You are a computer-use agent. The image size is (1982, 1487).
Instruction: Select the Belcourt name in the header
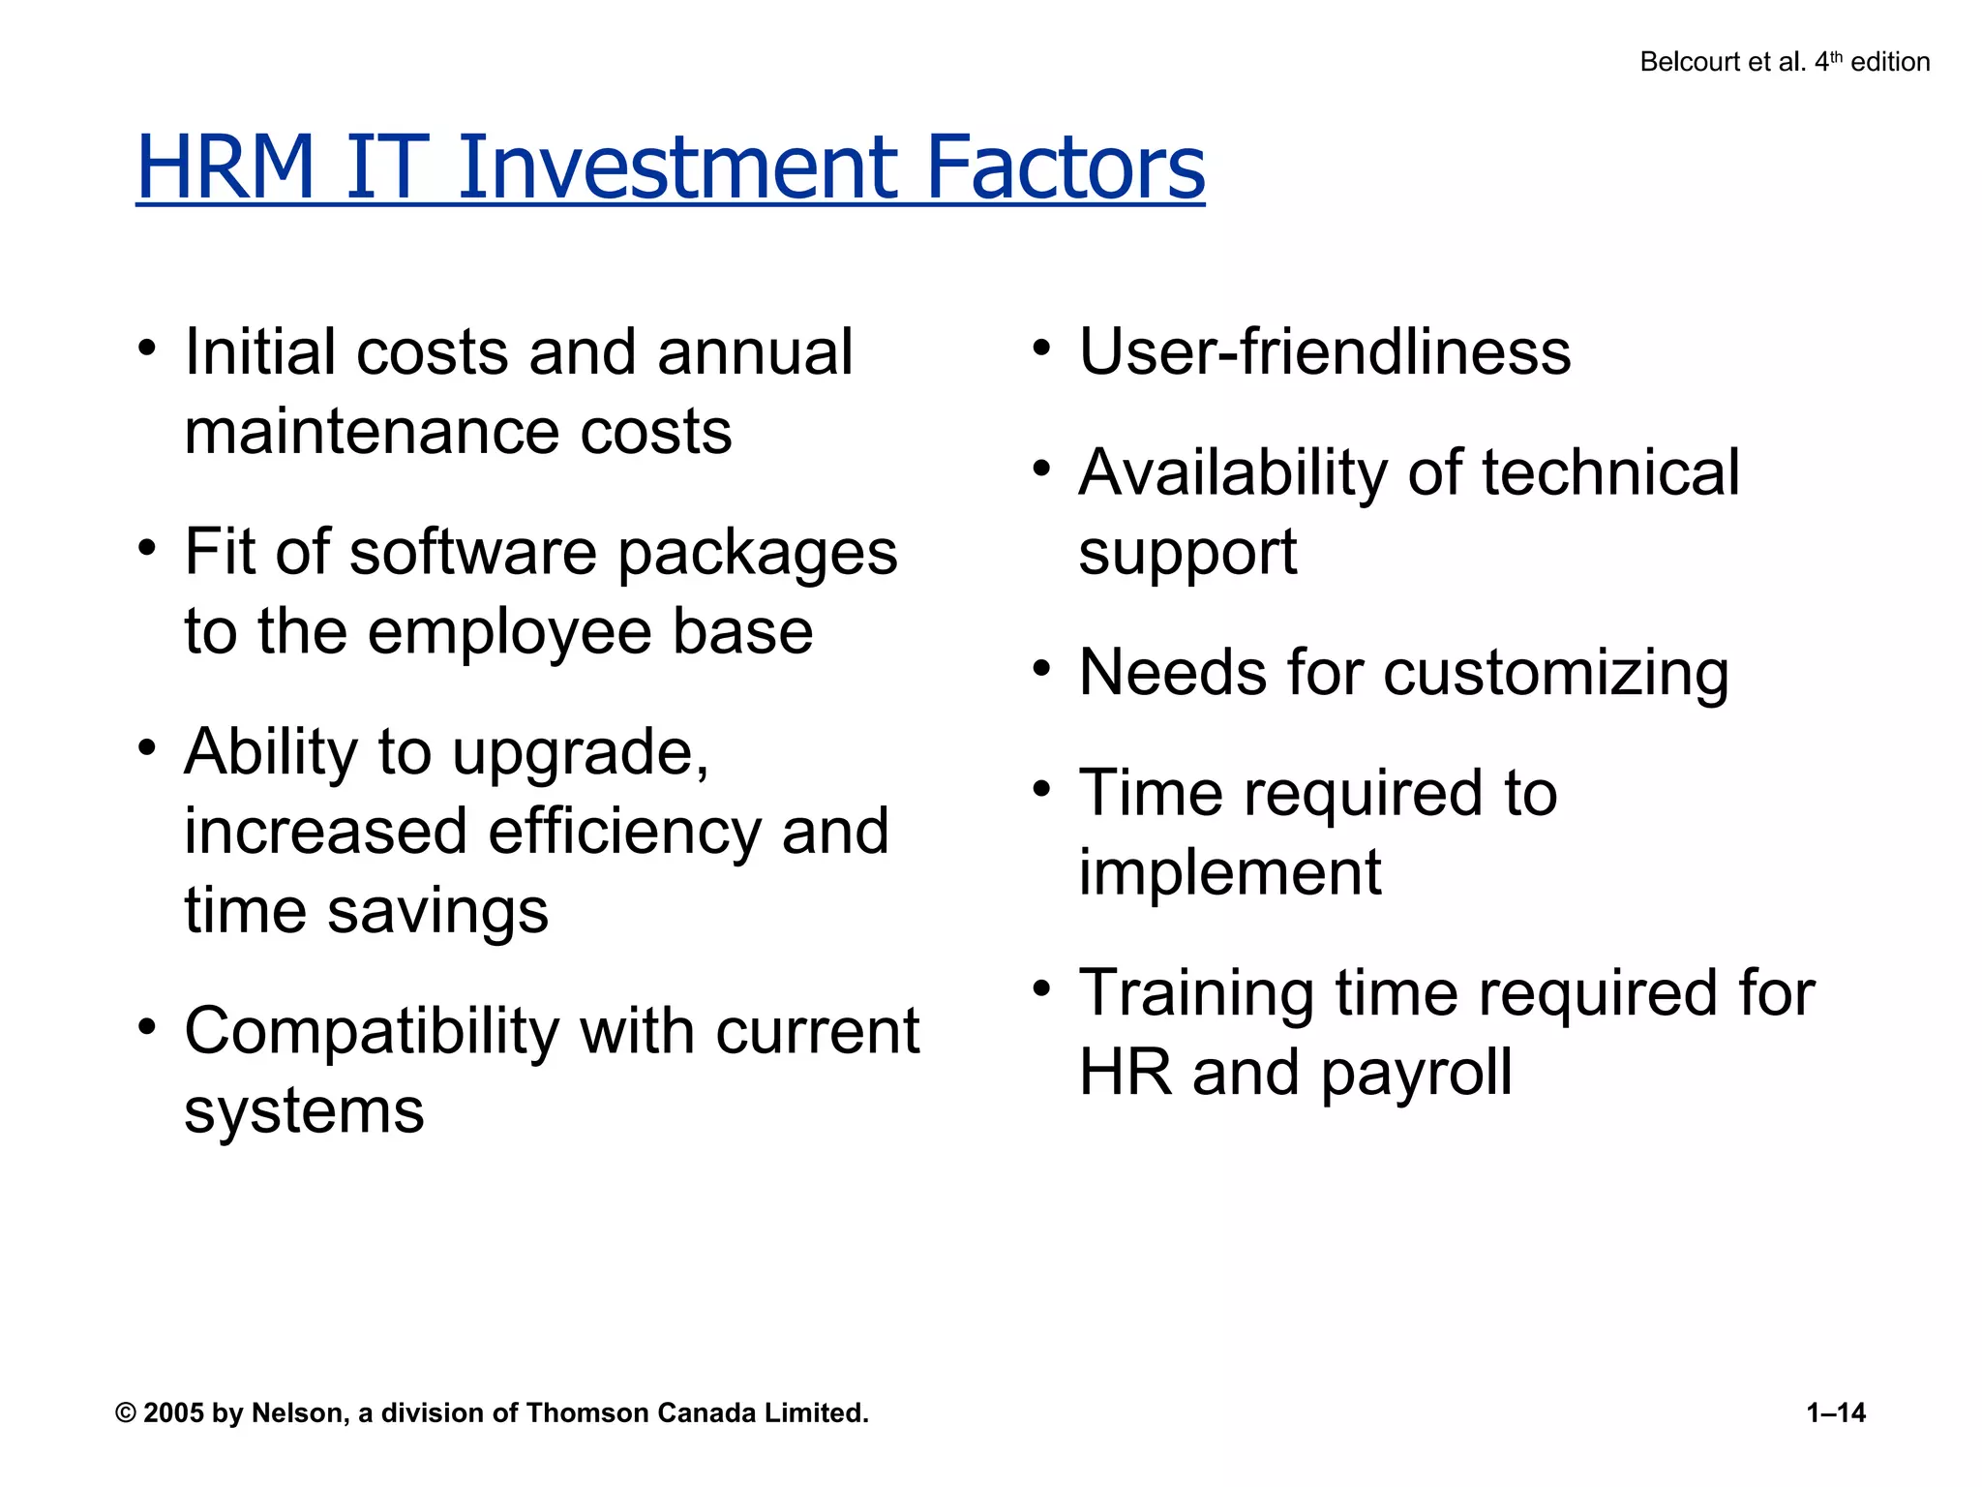click(x=1687, y=62)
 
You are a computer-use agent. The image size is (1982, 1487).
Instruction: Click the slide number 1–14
click(x=1835, y=1412)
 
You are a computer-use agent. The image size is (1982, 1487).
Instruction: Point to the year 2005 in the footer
click(x=174, y=1412)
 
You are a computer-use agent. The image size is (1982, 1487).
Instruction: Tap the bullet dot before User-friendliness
click(x=1040, y=348)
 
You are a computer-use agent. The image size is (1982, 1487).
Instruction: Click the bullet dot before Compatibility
click(x=146, y=1027)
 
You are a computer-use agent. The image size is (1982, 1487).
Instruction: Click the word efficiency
click(x=624, y=833)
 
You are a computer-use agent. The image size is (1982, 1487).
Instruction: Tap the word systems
click(x=304, y=1111)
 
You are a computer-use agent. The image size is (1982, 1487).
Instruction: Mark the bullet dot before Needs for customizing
click(x=1040, y=669)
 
